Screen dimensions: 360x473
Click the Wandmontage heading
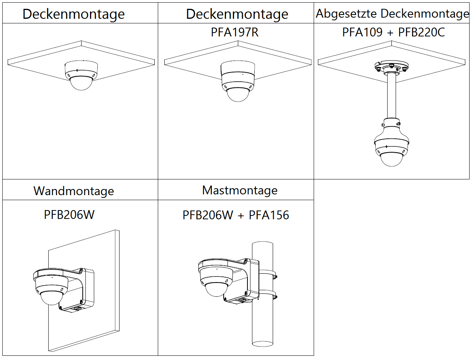74,191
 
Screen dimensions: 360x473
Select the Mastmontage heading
240,190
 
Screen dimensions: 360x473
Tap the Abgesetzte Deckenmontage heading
392,14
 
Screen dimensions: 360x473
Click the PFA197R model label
235,33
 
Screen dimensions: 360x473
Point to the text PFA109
362,33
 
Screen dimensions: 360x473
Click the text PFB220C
421,33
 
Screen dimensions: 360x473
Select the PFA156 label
269,215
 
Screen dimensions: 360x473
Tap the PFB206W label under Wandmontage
69,215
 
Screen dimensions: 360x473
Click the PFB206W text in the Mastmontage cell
208,215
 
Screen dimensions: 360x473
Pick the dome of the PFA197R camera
238,94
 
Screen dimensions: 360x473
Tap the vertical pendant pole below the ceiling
391,96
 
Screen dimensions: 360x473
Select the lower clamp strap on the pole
268,295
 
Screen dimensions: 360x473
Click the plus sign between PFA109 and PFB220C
390,33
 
